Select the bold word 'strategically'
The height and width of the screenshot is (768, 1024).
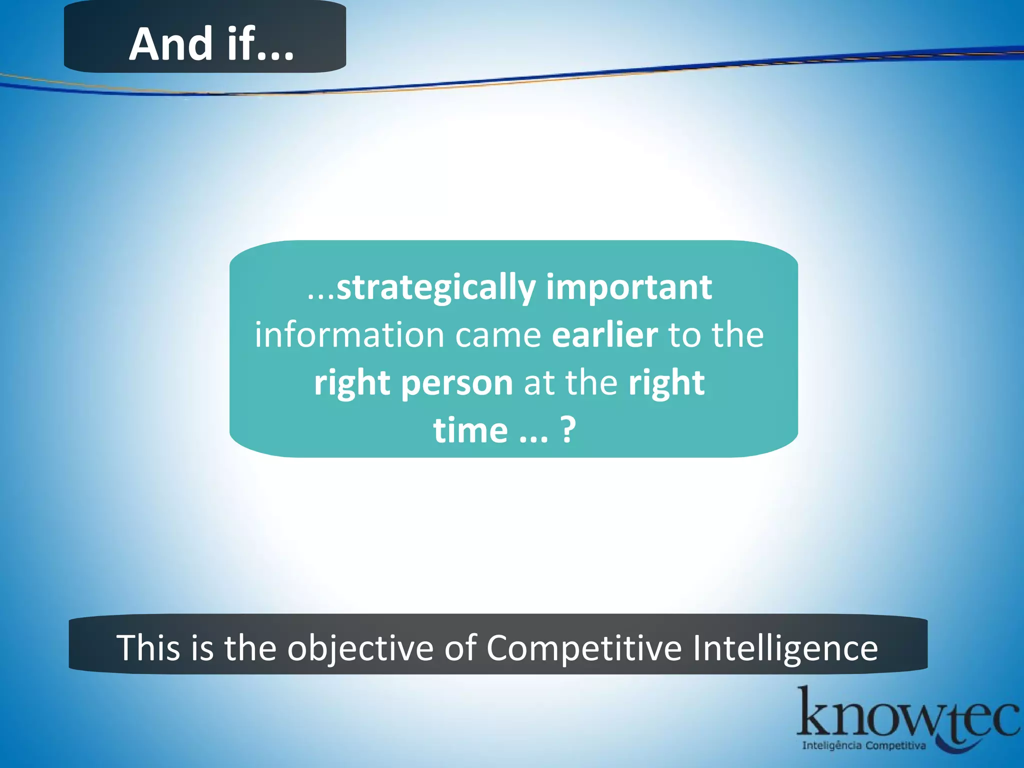click(x=435, y=288)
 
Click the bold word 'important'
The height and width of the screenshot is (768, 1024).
click(x=629, y=288)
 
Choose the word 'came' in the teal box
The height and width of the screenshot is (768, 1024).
click(x=498, y=335)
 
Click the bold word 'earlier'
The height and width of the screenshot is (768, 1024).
click(x=605, y=335)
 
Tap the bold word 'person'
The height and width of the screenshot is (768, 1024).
click(x=456, y=382)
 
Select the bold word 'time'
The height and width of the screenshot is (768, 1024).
click(x=470, y=430)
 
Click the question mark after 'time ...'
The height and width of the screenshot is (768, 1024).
click(x=568, y=430)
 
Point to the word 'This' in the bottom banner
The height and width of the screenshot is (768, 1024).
click(x=148, y=648)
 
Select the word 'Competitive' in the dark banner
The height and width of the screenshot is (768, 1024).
click(x=584, y=648)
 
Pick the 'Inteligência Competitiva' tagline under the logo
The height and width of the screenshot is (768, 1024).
click(x=864, y=745)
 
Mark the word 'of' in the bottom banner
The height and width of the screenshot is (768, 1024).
click(x=460, y=648)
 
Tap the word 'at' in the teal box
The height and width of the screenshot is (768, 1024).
click(x=539, y=382)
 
